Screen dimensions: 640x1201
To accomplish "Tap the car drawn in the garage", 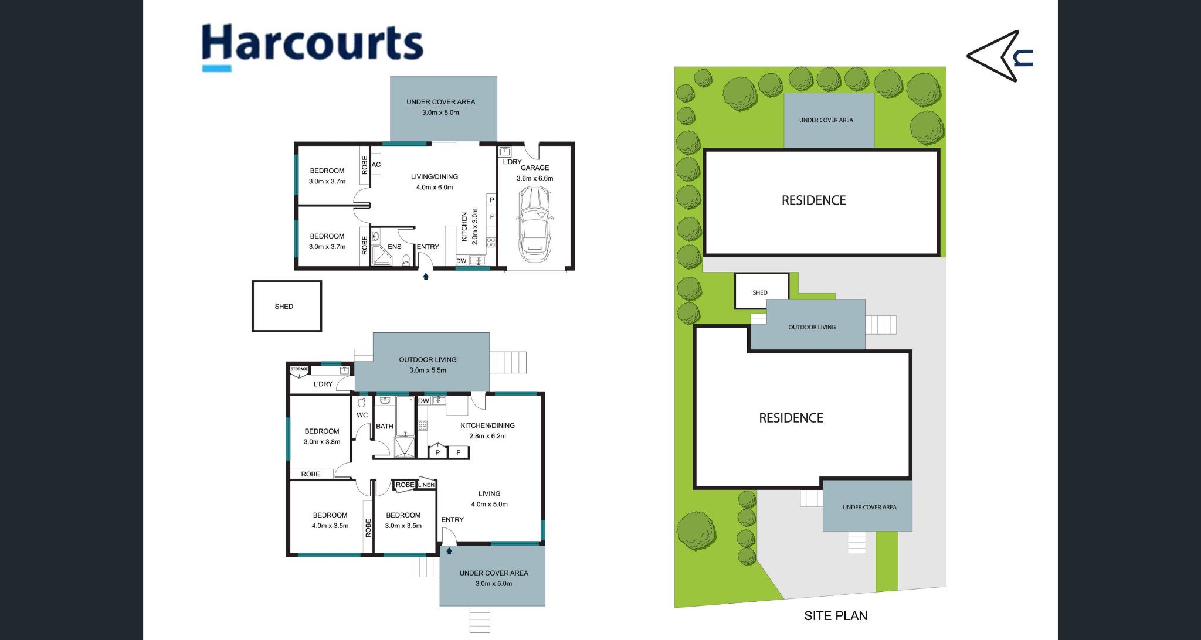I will tap(535, 224).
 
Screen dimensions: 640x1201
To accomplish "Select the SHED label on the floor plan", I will tap(284, 307).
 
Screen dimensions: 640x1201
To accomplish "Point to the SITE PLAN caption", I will tap(835, 616).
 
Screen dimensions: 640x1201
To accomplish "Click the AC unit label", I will tap(376, 165).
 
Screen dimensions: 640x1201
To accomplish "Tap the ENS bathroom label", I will tap(395, 247).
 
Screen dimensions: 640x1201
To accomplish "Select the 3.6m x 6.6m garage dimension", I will tap(534, 178).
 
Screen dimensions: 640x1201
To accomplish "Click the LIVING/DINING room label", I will tap(434, 177).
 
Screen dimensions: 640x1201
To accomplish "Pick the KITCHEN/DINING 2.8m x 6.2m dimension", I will tap(487, 436).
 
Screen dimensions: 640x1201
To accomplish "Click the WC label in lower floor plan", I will tap(362, 415).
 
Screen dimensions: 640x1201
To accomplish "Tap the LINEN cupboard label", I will tap(426, 485).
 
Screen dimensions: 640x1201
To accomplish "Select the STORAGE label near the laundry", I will tap(299, 369).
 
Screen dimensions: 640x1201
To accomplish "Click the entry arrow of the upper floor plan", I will tap(426, 277).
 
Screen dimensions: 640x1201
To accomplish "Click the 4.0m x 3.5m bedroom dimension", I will tap(330, 526).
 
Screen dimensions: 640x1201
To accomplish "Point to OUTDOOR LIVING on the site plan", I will tap(812, 327).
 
